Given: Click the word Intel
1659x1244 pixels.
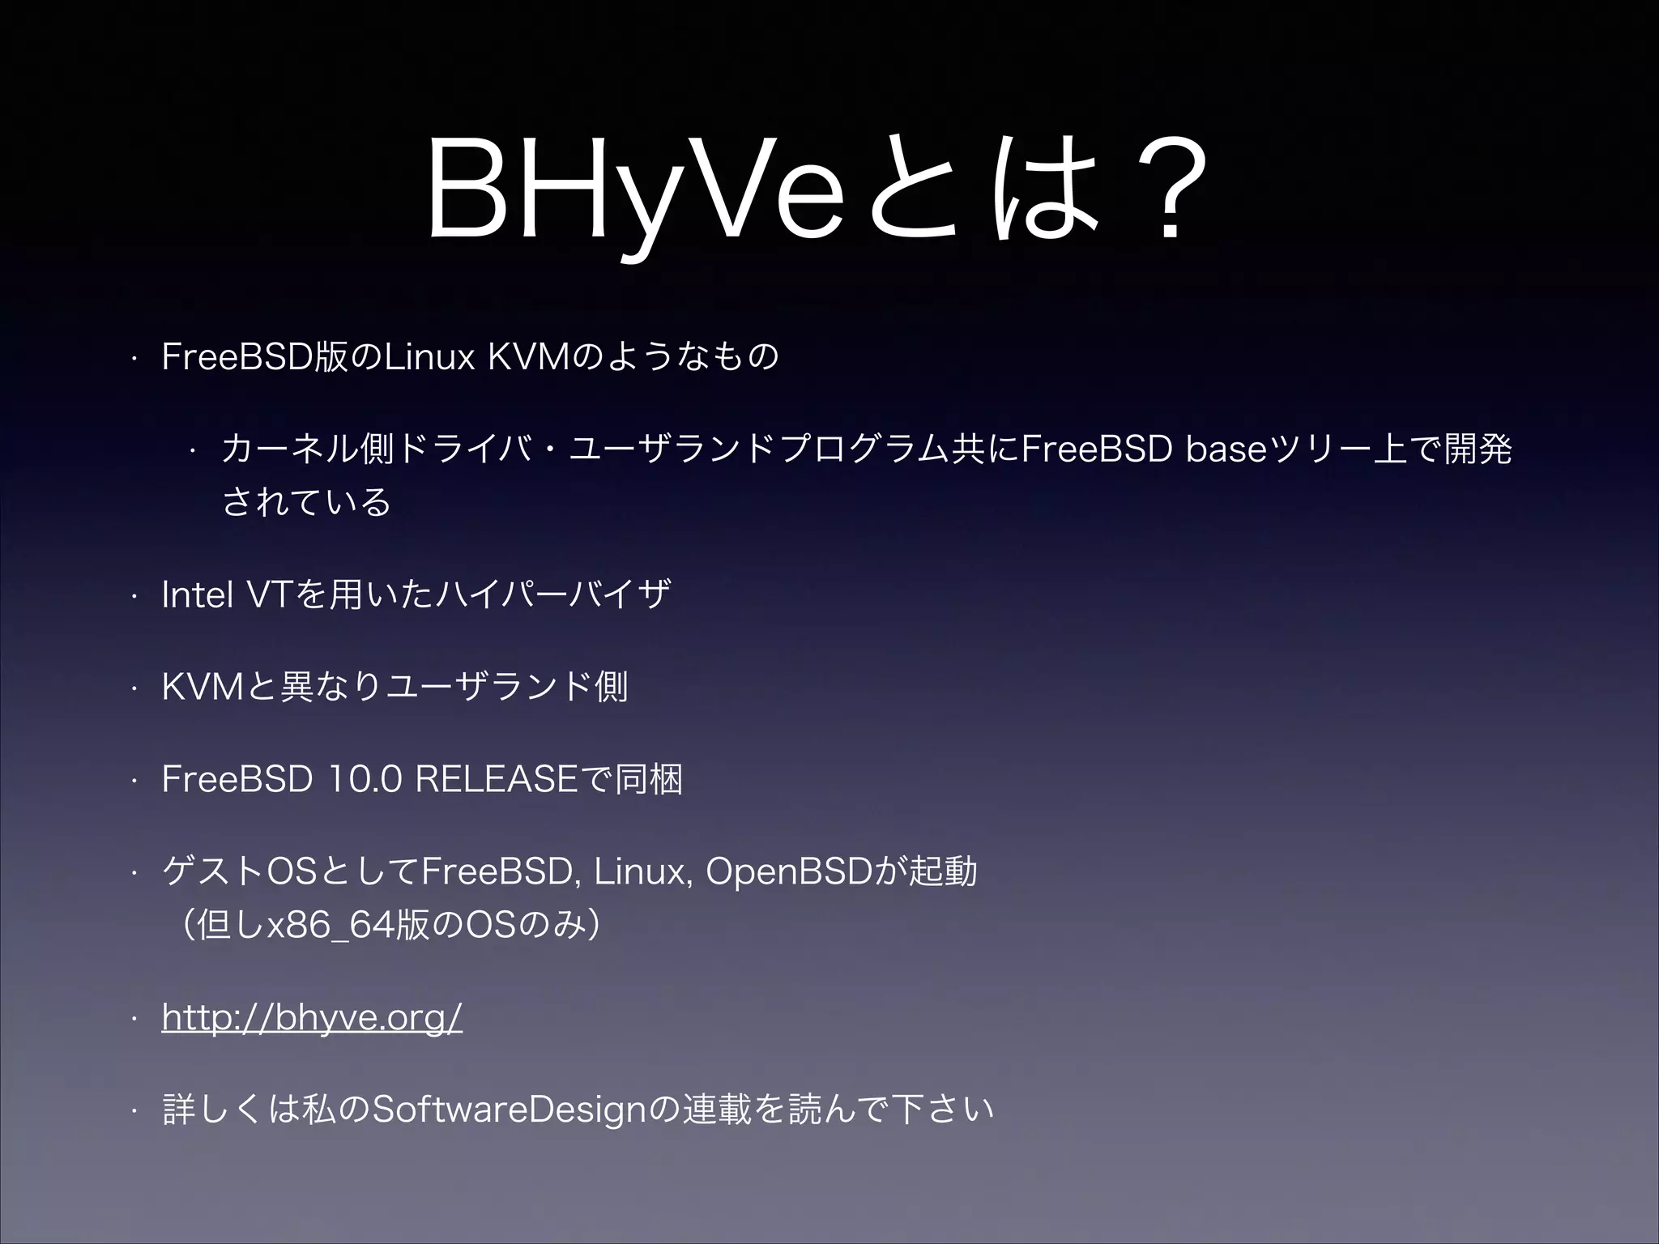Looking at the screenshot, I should tap(198, 595).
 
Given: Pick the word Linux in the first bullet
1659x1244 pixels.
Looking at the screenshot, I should tap(429, 357).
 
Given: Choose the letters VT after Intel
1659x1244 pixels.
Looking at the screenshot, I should tap(267, 595).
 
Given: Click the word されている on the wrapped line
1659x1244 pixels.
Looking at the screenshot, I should tap(306, 503).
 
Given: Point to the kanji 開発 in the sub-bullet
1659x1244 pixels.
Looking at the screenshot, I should tap(1478, 449).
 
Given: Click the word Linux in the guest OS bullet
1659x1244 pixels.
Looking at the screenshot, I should tap(640, 872).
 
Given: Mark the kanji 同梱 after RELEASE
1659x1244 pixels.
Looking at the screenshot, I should tap(648, 780).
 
